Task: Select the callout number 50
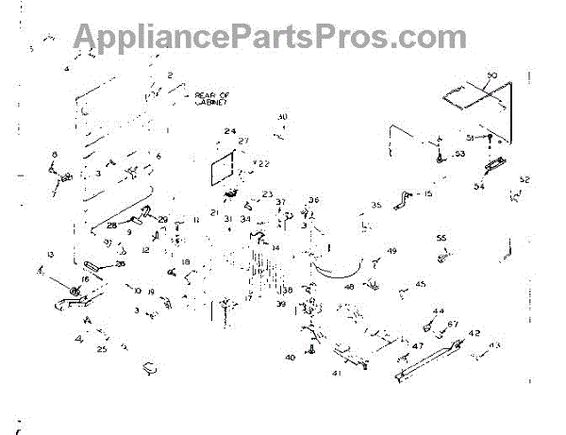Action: [491, 75]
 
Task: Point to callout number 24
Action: [229, 131]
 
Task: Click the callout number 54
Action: [478, 186]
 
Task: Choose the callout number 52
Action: [524, 179]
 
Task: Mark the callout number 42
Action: [474, 333]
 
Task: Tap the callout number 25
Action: [102, 349]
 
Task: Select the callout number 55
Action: [440, 238]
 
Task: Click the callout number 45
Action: [420, 284]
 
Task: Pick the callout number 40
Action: [290, 357]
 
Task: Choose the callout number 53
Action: [459, 153]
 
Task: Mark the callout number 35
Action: [375, 205]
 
